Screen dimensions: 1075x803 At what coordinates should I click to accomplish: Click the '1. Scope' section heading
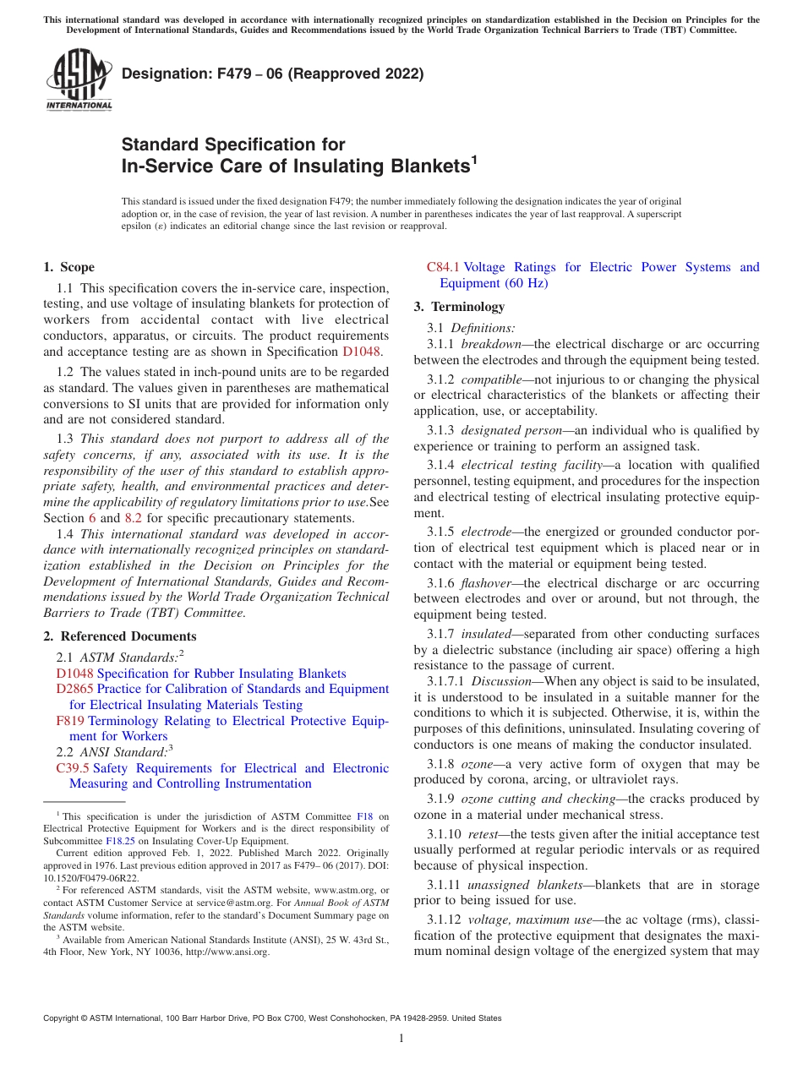tap(68, 267)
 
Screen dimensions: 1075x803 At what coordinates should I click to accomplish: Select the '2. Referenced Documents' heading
tap(119, 636)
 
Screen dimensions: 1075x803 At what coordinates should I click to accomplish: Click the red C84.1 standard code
tap(443, 267)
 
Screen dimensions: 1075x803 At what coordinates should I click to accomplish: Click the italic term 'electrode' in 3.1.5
tap(486, 532)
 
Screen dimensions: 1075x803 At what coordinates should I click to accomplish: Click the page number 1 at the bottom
tap(401, 1039)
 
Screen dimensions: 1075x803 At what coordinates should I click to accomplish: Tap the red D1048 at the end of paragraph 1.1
tap(362, 352)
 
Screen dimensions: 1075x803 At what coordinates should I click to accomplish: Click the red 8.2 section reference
tap(136, 518)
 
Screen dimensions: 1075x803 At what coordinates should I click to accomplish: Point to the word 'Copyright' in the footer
tap(61, 1018)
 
